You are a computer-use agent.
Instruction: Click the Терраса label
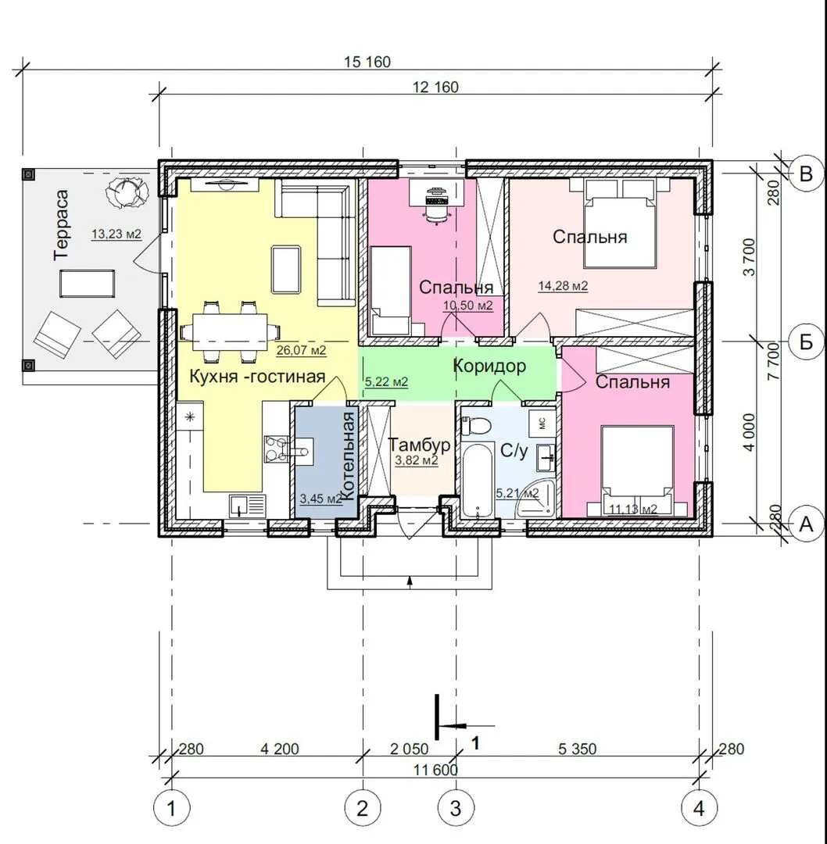(x=62, y=225)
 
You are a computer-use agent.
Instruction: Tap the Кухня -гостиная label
(x=257, y=376)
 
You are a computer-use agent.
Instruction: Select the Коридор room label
(x=489, y=366)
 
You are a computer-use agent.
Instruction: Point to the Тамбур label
(x=420, y=445)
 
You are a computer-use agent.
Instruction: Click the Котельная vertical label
(x=349, y=456)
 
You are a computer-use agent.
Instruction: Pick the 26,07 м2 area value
(x=302, y=351)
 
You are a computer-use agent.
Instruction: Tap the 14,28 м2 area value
(x=563, y=286)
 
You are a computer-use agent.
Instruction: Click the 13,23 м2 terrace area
(x=116, y=234)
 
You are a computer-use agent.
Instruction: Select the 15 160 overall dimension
(x=367, y=62)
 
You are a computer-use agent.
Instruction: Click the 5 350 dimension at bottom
(x=577, y=749)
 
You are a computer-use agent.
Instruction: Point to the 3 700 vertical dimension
(x=750, y=257)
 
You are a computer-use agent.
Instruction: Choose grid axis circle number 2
(x=363, y=808)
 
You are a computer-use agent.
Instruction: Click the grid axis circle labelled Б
(x=806, y=342)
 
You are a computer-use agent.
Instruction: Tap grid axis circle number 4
(x=699, y=808)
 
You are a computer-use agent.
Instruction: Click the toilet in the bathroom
(x=476, y=425)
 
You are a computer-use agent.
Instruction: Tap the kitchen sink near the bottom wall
(x=248, y=506)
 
